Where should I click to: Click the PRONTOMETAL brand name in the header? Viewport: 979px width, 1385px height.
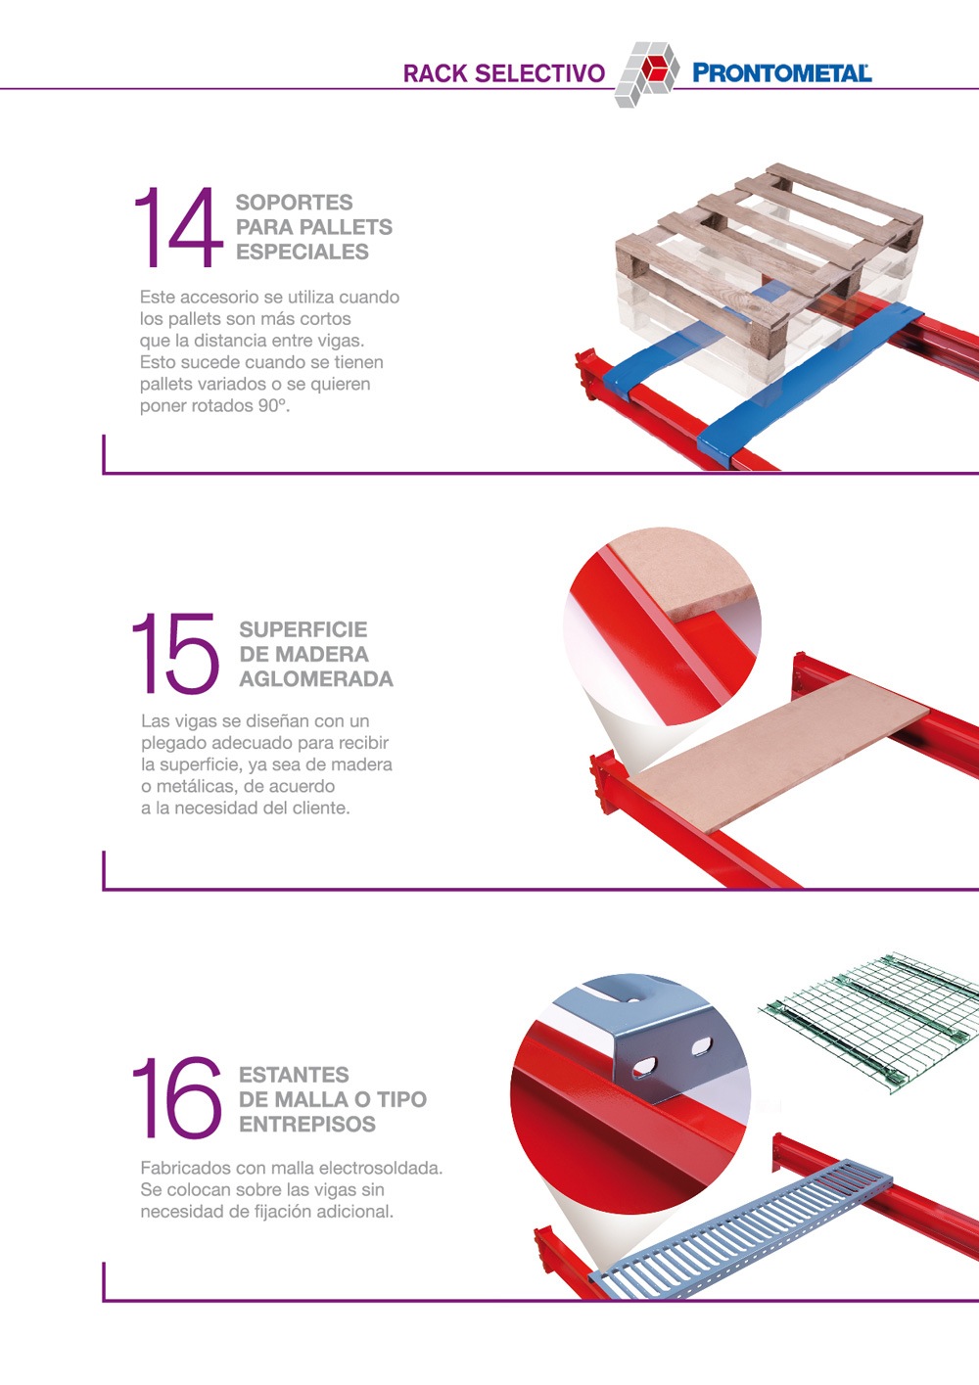tap(781, 73)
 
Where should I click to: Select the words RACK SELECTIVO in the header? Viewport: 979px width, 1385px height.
tap(504, 73)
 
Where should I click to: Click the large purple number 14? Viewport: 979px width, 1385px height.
tap(178, 227)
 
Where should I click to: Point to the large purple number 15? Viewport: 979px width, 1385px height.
tap(175, 653)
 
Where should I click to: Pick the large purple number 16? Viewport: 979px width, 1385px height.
tap(177, 1097)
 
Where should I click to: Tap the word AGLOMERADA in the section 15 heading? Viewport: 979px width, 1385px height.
tap(316, 679)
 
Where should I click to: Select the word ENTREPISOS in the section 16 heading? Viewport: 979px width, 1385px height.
tap(307, 1124)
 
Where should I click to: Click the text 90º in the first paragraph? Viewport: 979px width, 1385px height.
tap(273, 405)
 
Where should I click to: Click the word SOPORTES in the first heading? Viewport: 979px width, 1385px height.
tap(295, 203)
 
